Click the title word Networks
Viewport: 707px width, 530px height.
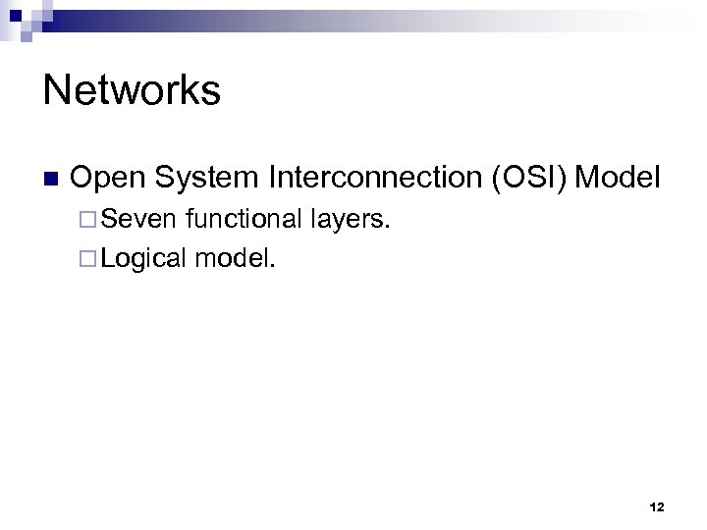(132, 90)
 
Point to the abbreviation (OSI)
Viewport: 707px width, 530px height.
(533, 178)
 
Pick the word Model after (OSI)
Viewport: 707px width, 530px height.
(620, 178)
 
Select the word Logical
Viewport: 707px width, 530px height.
(143, 258)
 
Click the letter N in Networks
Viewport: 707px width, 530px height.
(55, 90)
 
